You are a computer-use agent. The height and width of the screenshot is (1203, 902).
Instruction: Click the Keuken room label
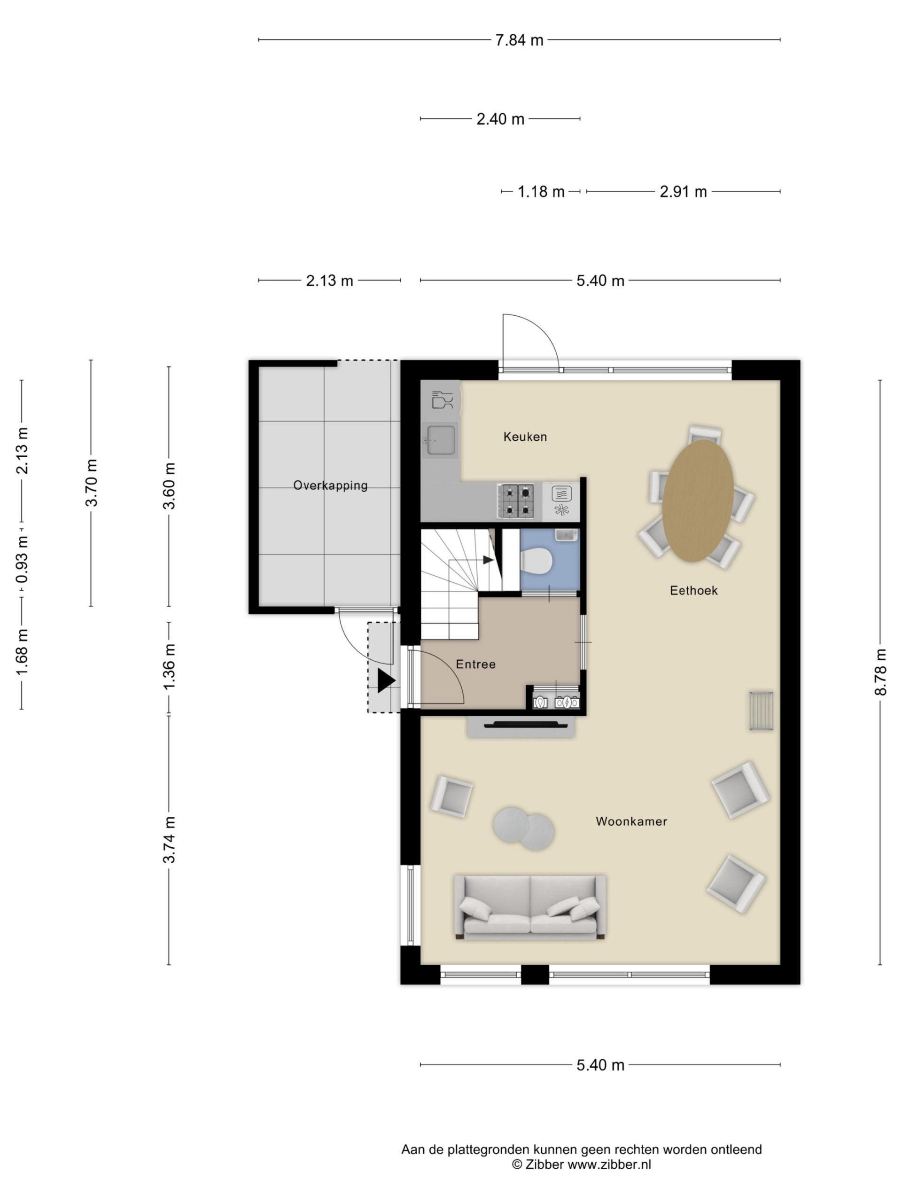coord(525,437)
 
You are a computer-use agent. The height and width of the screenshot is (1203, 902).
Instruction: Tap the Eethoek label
coord(693,591)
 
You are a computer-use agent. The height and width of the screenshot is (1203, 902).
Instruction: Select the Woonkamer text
coord(631,821)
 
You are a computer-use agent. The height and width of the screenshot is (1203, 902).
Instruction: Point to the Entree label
coord(475,664)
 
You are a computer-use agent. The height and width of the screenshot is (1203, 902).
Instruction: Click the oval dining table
coord(698,500)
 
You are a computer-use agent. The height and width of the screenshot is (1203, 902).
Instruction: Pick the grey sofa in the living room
coord(529,908)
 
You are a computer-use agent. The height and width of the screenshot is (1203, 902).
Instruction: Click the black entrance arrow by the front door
coord(386,681)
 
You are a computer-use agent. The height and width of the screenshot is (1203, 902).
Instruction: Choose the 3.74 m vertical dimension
coord(169,840)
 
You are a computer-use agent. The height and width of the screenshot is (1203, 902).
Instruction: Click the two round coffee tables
coord(523,828)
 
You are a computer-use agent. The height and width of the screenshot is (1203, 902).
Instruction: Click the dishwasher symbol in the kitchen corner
coord(441,400)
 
